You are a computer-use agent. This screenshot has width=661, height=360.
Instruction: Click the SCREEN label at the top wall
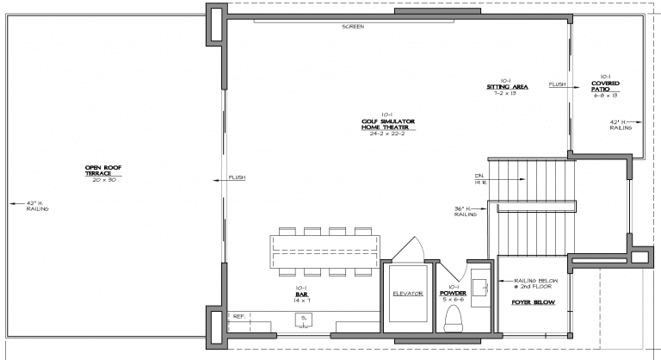352,28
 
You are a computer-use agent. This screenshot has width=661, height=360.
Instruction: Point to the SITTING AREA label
506,87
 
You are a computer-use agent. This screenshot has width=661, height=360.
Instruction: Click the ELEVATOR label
407,293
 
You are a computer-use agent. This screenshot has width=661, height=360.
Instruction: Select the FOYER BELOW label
534,303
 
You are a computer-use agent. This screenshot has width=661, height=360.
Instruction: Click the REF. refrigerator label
240,317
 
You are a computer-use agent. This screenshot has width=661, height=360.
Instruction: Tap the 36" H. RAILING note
466,212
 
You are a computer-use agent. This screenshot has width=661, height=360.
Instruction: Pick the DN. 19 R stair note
479,180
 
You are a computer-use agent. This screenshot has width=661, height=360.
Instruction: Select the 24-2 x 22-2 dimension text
388,134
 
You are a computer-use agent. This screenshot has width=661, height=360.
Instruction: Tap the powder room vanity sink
479,287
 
